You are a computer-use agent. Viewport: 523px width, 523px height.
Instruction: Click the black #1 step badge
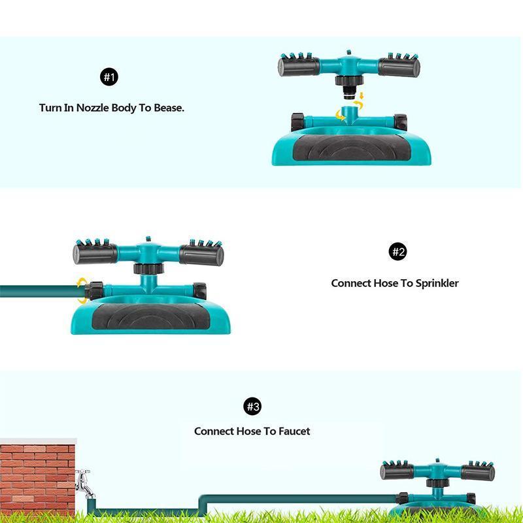109,78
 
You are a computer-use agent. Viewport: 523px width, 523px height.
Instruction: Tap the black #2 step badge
398,252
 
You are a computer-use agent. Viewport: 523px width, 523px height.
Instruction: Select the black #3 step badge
252,407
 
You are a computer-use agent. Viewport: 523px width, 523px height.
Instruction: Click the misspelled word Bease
168,108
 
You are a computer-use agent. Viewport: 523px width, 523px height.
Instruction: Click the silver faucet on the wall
83,482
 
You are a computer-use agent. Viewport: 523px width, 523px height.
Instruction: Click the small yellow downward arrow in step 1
361,98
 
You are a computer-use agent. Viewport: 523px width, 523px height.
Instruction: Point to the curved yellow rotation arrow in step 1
341,116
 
